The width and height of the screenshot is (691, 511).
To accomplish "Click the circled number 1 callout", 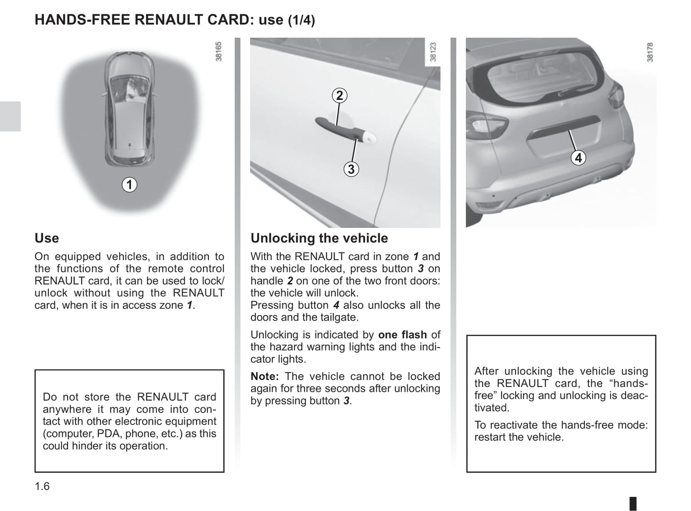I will (x=129, y=184).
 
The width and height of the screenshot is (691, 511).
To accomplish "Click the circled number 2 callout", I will (x=340, y=96).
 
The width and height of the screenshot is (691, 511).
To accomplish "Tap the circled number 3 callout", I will (x=351, y=169).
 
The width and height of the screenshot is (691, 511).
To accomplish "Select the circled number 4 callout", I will (x=579, y=158).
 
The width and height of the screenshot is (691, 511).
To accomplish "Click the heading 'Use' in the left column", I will (x=47, y=238).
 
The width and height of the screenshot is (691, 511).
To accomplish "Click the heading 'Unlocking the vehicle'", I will (x=319, y=238).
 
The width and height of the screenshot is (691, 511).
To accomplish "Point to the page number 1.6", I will (x=42, y=486).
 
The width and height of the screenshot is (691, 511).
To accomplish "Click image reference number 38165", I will (x=219, y=51).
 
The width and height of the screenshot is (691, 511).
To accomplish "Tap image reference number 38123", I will (x=433, y=52).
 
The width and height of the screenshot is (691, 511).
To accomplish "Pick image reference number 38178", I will (x=649, y=52).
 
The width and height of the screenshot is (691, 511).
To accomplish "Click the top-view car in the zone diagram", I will (x=129, y=110).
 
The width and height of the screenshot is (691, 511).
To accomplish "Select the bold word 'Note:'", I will (x=264, y=376).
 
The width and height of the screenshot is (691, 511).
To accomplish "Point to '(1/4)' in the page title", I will (x=301, y=21).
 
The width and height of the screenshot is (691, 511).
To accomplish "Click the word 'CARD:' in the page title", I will (x=232, y=20).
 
